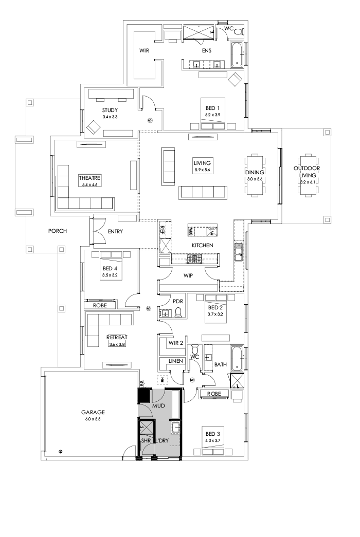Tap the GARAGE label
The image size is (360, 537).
pos(93,412)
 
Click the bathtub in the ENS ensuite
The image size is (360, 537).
pos(237,55)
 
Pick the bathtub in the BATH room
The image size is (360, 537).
pos(237,359)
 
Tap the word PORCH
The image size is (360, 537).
pos(58,231)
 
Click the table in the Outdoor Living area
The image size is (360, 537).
pos(309,175)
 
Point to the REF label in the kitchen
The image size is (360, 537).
pos(163,229)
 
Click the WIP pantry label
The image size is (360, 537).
pos(188,275)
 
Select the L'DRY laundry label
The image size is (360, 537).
pos(162,441)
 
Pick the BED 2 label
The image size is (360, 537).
pos(215,307)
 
